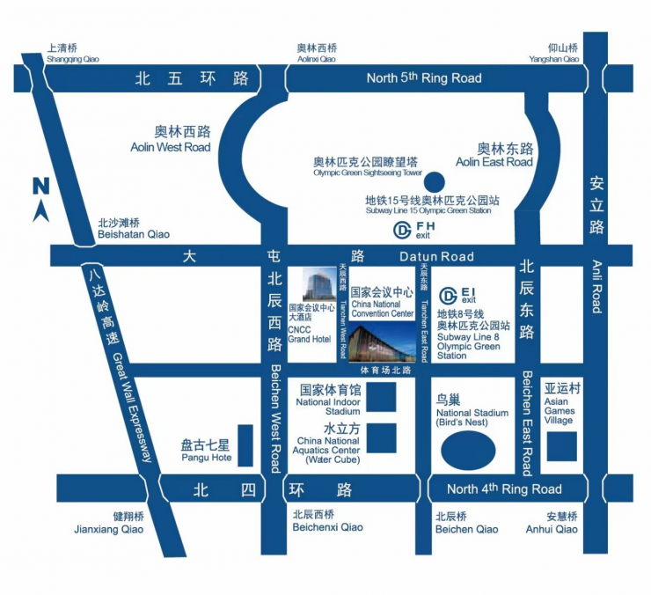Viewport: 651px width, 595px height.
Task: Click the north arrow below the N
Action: click(40, 211)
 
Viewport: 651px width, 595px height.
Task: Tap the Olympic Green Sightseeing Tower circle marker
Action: click(433, 183)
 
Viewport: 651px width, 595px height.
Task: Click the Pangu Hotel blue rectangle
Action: click(245, 445)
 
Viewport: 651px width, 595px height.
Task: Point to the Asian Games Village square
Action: click(561, 446)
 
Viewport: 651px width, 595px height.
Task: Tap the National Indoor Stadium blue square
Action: click(380, 398)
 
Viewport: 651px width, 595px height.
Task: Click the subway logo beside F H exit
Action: click(402, 231)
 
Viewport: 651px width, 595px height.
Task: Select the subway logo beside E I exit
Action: click(449, 294)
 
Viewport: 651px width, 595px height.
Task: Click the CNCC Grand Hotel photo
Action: click(314, 283)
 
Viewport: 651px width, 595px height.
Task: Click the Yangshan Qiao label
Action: click(554, 60)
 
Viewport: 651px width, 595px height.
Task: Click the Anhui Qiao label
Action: click(561, 529)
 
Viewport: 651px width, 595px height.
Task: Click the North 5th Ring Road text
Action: click(424, 78)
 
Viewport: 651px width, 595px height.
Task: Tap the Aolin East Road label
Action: click(494, 162)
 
